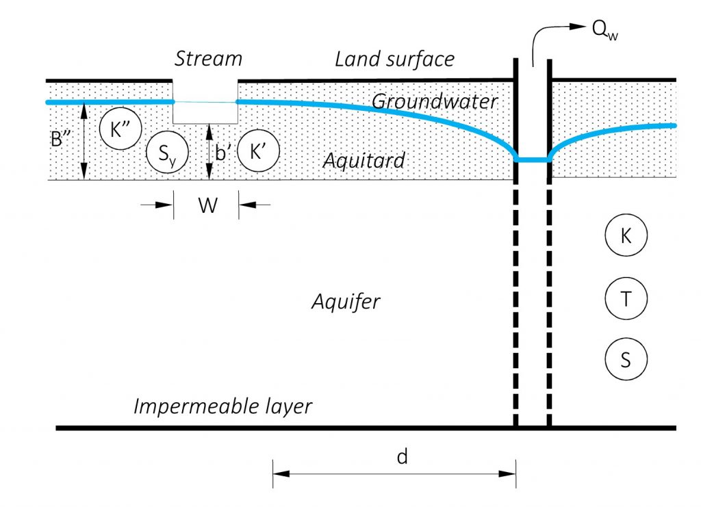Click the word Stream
tap(208, 58)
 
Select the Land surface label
tap(394, 59)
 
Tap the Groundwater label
tap(435, 102)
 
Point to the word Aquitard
tap(364, 161)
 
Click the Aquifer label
tap(346, 301)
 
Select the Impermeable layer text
tap(222, 406)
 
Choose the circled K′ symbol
tap(257, 151)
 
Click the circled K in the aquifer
tap(626, 236)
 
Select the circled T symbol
tap(626, 298)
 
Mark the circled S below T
tap(626, 359)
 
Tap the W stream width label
tap(207, 205)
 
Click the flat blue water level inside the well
tap(532, 160)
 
